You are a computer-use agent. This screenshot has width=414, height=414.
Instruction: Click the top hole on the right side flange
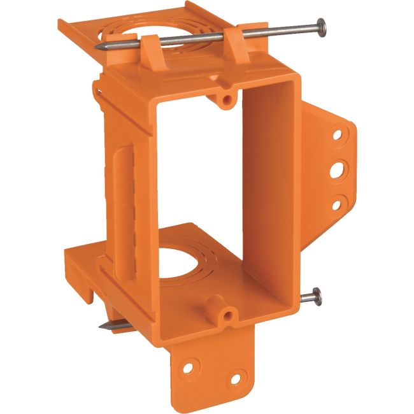(336, 135)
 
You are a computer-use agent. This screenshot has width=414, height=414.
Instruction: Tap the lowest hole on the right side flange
(336, 203)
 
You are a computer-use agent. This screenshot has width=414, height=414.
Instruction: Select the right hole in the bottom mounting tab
(235, 380)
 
